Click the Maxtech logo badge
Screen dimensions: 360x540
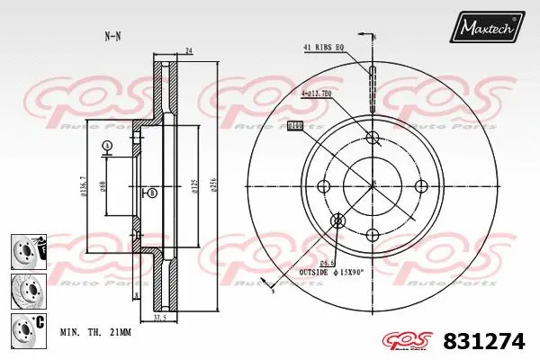[488, 30]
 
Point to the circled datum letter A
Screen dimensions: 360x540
[107, 146]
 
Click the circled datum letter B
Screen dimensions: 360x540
[152, 193]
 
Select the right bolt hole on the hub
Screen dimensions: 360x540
[419, 185]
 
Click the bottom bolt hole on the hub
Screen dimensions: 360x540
[372, 234]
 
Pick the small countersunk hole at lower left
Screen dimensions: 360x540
[338, 220]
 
